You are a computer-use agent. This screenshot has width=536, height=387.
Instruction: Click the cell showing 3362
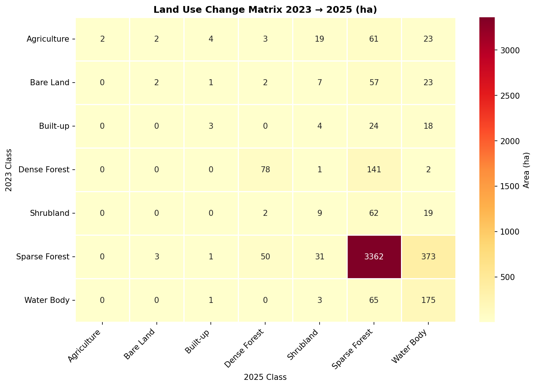coord(374,257)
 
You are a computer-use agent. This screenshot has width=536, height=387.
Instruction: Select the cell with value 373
coord(428,257)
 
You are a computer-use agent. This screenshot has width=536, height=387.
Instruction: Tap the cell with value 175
coord(428,300)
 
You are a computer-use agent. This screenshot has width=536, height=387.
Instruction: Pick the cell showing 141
coord(374,170)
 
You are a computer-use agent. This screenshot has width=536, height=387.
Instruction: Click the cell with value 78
coord(265,170)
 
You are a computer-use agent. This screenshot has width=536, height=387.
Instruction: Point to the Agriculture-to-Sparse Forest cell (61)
coord(374,39)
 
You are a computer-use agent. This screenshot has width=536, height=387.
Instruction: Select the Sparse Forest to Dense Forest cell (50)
coord(265,257)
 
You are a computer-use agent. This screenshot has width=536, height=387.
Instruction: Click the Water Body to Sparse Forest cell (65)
coord(374,300)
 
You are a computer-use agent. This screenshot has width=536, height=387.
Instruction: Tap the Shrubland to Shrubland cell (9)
coord(319,213)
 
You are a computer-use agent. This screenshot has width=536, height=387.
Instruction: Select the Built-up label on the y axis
coord(54,126)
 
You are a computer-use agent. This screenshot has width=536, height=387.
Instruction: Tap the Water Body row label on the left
coord(47,300)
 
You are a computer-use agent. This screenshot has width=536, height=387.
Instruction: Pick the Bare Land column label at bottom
coord(140,344)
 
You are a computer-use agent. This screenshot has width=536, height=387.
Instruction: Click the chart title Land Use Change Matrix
coord(265,10)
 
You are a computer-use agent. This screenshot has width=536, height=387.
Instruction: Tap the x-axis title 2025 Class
coord(265,377)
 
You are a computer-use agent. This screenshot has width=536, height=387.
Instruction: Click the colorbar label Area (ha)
coord(526,170)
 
